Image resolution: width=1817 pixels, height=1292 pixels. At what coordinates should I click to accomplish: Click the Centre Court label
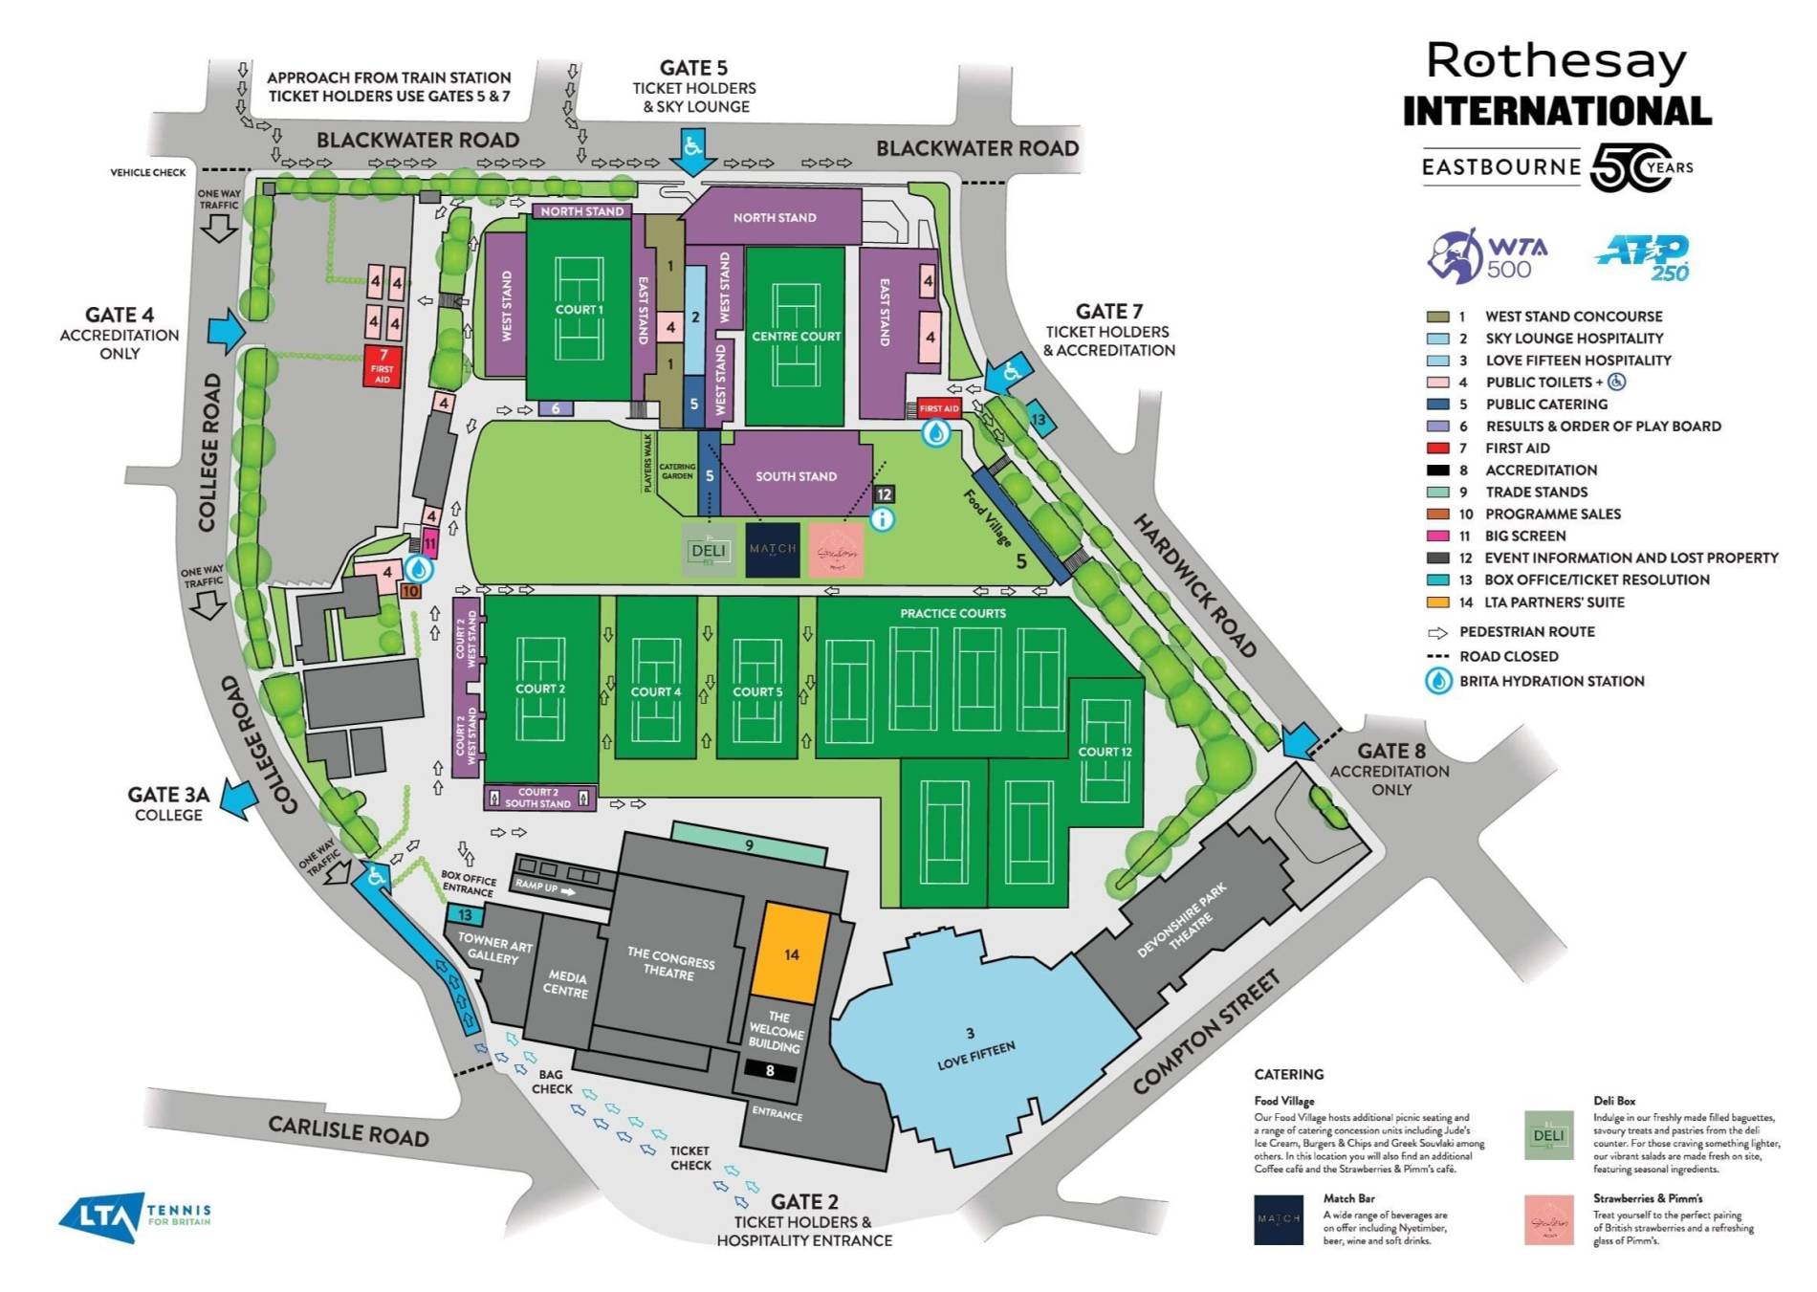pos(796,337)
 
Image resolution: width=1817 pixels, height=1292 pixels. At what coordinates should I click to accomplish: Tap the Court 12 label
pos(1105,752)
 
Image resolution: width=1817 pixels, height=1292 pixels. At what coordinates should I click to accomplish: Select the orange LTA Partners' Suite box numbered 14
pos(791,953)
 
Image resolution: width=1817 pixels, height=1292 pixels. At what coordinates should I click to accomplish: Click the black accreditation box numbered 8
pos(770,1071)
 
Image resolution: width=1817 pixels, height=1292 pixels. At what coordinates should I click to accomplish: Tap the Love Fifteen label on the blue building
pos(975,1054)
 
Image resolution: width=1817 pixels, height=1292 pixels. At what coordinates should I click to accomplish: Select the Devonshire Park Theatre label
pos(1184,920)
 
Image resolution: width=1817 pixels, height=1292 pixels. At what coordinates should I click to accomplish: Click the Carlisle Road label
pos(348,1130)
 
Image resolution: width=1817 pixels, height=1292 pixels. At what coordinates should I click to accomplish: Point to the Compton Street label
pos(1206,1033)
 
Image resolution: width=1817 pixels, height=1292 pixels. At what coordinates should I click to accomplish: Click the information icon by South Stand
pos(883,519)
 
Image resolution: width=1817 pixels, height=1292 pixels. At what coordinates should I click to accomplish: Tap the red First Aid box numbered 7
pos(383,366)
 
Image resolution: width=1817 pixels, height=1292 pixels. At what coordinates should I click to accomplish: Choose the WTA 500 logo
pos(1487,256)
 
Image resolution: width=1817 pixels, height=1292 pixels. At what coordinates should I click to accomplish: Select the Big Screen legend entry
pos(1524,536)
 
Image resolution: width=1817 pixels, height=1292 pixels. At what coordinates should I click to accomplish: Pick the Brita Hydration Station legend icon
pos(1439,681)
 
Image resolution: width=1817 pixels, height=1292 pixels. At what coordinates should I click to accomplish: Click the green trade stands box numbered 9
pos(749,845)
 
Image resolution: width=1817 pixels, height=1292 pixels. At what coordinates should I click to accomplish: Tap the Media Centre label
pos(566,983)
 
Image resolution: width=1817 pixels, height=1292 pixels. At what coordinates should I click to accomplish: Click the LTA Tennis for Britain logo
pos(134,1216)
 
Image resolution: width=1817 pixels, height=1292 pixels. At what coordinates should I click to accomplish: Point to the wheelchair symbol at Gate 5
pos(692,146)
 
